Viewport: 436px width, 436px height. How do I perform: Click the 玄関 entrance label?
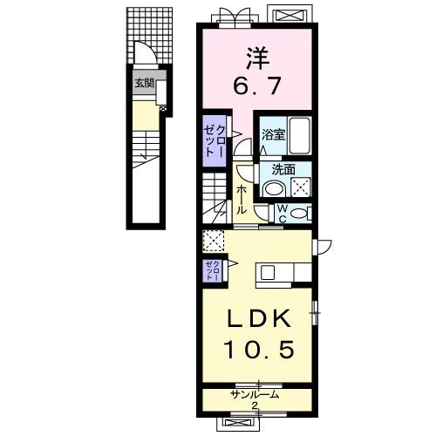144,84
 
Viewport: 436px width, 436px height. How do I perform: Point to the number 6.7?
257,86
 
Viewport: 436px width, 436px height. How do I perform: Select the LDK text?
259,318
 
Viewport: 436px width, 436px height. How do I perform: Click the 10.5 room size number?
259,350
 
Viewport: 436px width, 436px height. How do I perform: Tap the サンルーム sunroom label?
255,395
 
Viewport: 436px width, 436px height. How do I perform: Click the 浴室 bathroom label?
273,135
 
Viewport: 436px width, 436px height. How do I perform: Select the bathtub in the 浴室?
299,135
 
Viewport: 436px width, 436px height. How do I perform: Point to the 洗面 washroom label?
283,169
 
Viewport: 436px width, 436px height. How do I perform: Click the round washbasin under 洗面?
275,188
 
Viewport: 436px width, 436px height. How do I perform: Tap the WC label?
283,214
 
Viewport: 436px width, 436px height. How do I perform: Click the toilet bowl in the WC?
299,214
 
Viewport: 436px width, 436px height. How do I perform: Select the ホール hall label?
241,200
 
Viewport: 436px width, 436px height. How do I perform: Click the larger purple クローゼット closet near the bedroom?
215,141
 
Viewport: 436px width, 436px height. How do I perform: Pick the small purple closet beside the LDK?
212,271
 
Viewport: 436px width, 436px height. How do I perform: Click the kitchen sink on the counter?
268,273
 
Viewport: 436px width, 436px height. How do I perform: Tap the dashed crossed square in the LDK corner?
214,241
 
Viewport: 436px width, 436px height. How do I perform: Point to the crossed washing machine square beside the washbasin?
301,187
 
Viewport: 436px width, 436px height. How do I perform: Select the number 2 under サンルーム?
255,405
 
